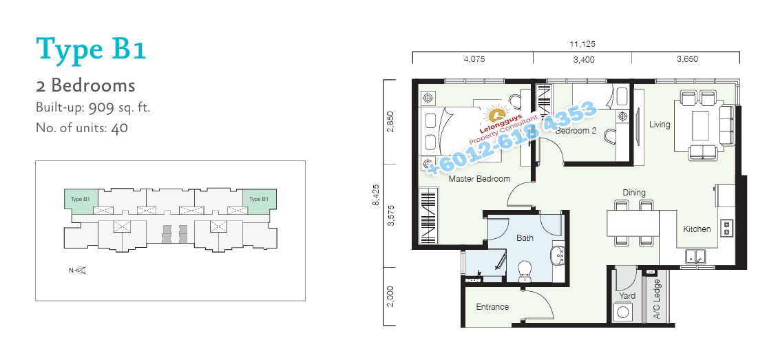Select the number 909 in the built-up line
[x=99, y=107]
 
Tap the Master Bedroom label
[x=479, y=179]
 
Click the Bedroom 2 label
[x=576, y=131]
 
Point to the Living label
[x=660, y=125]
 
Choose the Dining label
[x=635, y=193]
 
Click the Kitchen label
[x=697, y=229]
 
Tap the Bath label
[x=525, y=238]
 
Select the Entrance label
[x=492, y=307]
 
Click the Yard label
[x=627, y=296]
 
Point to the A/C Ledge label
[x=657, y=299]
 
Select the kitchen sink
[x=697, y=257]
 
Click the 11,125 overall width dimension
[x=582, y=44]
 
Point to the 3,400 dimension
[x=584, y=59]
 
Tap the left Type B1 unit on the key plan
[x=78, y=201]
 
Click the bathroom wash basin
[x=558, y=255]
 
